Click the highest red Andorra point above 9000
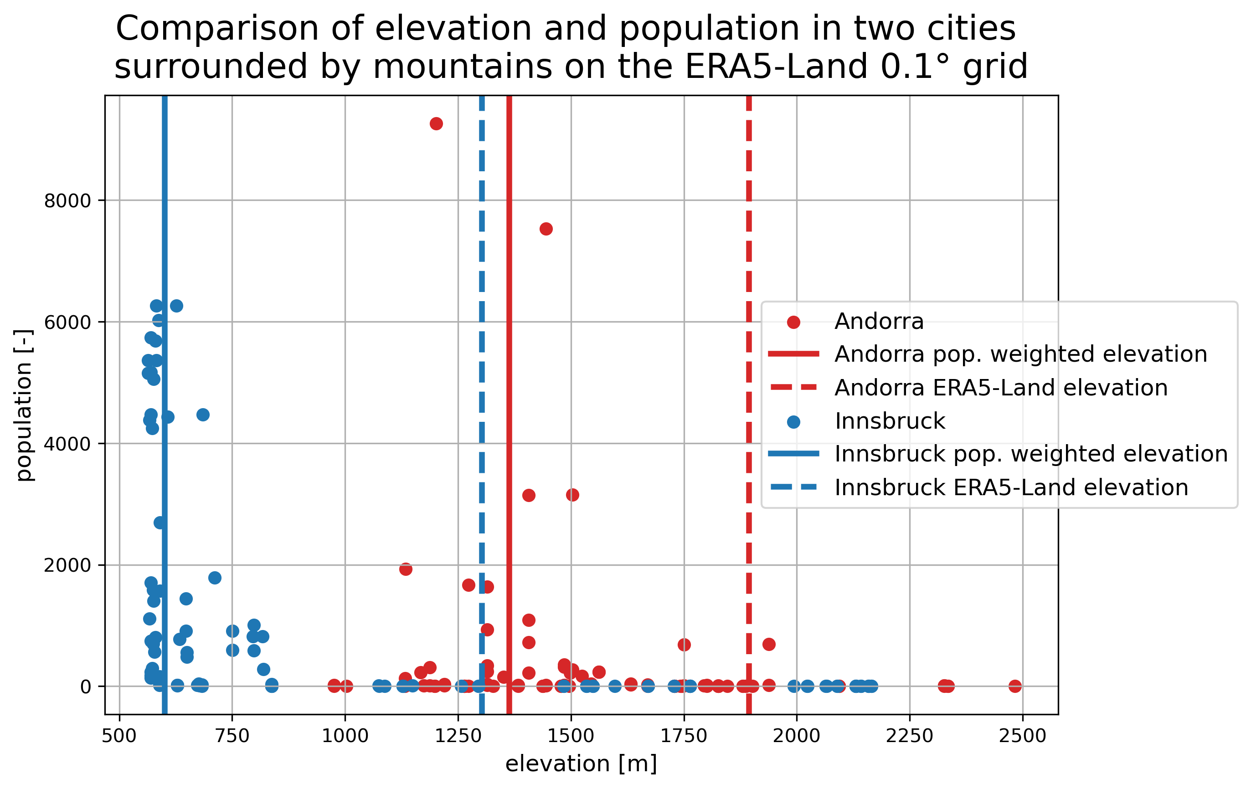[436, 123]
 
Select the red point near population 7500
[546, 229]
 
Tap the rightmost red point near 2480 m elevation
[1015, 686]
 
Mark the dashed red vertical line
[749, 234]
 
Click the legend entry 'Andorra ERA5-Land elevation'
[1001, 388]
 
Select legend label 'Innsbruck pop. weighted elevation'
[1031, 454]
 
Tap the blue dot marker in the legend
[793, 421]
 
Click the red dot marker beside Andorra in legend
[793, 322]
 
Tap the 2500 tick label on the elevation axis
[1022, 736]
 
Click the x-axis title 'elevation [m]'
[581, 764]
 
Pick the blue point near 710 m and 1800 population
[215, 578]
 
